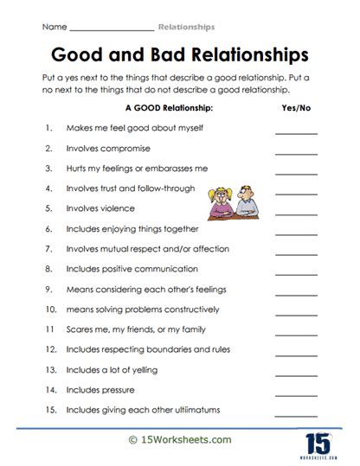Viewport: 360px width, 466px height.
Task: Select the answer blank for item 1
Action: pyautogui.click(x=295, y=131)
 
